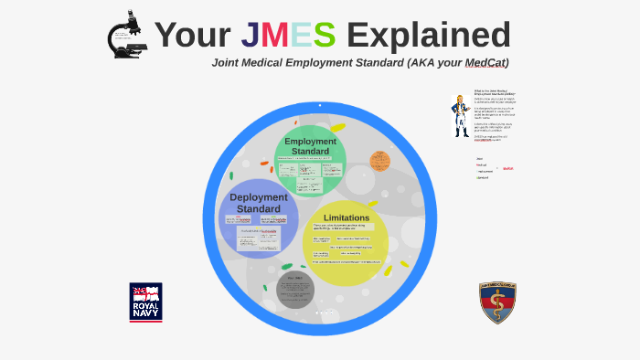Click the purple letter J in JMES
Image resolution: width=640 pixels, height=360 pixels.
point(250,35)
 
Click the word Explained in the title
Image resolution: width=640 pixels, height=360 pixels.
point(428,35)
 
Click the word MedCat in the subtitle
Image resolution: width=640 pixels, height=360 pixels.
point(485,63)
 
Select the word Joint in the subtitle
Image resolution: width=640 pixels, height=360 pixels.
point(228,63)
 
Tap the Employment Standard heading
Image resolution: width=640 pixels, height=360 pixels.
point(310,146)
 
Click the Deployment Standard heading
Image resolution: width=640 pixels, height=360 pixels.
point(258,203)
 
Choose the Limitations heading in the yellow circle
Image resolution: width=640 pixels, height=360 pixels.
point(347,217)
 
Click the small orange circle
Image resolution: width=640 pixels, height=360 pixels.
point(379,162)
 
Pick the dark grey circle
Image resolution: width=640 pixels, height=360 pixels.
point(294,290)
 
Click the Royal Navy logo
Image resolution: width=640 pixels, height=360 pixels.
point(145,302)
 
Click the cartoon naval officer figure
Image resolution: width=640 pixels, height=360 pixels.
point(459,115)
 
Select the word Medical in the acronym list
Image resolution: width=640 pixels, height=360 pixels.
point(482,165)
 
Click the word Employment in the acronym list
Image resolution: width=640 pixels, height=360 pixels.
point(485,171)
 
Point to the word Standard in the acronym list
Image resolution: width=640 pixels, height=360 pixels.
point(482,177)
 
